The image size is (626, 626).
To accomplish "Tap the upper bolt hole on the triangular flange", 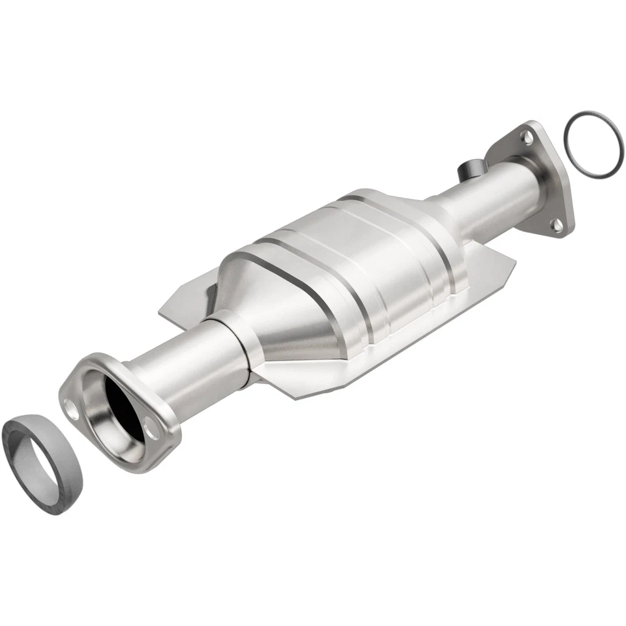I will point(524,136).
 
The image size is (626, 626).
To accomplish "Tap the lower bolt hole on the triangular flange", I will point(557,226).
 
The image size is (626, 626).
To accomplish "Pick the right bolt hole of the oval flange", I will point(153,430).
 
